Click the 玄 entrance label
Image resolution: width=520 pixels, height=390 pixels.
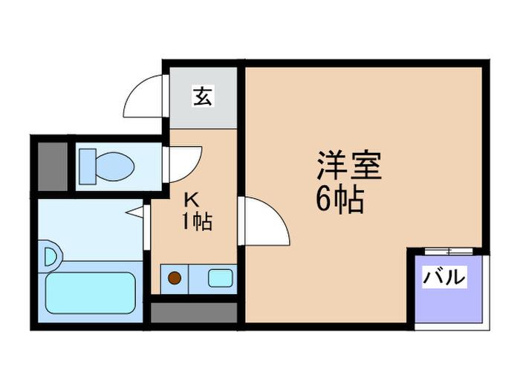[203, 96]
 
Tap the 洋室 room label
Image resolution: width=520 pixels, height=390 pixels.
[349, 165]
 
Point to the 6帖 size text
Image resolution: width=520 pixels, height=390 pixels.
[339, 200]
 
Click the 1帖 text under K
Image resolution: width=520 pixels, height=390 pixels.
[197, 221]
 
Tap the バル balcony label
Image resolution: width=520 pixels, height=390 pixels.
[444, 276]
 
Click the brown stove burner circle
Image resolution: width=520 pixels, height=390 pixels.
[175, 278]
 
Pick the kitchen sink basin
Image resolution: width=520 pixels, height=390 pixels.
[220, 278]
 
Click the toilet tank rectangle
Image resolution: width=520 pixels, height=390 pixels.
[88, 166]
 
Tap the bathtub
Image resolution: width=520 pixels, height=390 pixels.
[91, 293]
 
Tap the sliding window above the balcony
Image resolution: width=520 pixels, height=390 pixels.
[449, 251]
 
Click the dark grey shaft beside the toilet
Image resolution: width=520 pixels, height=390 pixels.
[53, 167]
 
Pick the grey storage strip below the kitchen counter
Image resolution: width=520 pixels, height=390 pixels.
[194, 313]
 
